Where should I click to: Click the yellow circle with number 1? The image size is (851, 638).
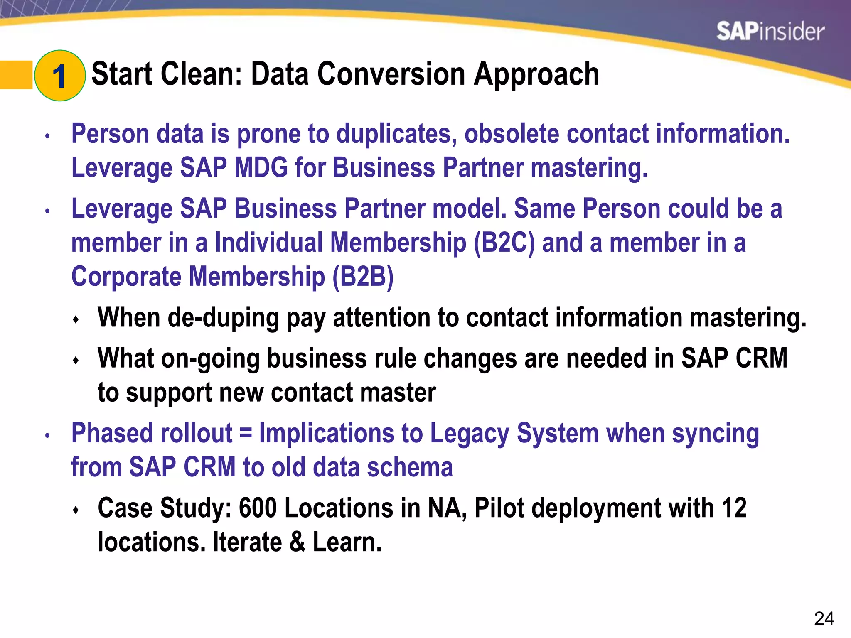(60, 76)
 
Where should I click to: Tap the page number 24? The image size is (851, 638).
(824, 619)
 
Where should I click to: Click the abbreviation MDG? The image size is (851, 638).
(261, 168)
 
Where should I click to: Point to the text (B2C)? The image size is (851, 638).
(504, 243)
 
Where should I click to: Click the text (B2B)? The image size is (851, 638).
(363, 277)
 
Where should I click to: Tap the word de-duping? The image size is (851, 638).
(223, 318)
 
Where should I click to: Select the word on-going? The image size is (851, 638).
(210, 358)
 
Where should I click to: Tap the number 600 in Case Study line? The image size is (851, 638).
(258, 508)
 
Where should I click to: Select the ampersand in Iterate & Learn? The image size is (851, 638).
(297, 542)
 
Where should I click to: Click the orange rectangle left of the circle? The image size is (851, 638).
(16, 75)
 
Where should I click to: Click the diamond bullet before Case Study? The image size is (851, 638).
(76, 510)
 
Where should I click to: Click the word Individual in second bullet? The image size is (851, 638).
(268, 243)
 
